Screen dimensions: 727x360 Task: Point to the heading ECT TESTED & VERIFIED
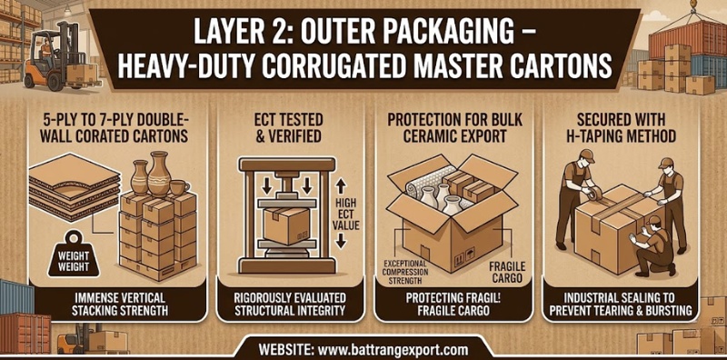click(288, 127)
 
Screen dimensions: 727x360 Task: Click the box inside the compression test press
click(286, 226)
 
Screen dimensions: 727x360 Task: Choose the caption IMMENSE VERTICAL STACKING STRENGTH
click(120, 304)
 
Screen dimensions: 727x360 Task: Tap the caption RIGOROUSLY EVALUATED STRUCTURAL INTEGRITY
click(290, 304)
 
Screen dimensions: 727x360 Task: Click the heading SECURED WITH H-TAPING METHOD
click(620, 127)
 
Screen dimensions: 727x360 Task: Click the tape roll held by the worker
click(593, 194)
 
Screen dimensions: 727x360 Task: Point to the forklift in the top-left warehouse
click(58, 57)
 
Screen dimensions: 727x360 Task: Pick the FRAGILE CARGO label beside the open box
click(507, 272)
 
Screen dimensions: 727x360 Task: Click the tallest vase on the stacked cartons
click(159, 174)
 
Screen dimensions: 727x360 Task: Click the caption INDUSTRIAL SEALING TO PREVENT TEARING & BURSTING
click(621, 304)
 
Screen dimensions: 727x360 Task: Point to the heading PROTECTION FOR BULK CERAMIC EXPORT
click(454, 127)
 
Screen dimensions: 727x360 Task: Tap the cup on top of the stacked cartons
click(178, 188)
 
